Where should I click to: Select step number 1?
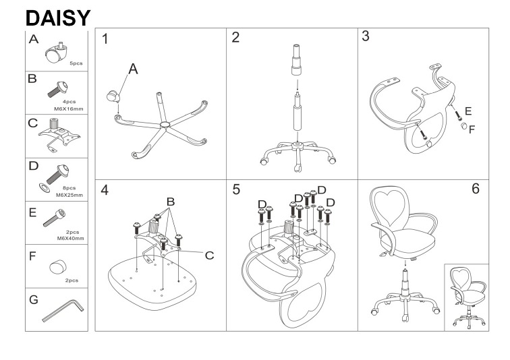click(106, 38)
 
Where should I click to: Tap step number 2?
click(235, 37)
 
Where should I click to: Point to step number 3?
click(365, 36)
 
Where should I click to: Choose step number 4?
click(105, 189)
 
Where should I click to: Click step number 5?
click(236, 189)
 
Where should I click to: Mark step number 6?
click(475, 189)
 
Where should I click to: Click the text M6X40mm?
click(69, 238)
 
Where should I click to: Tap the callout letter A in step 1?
click(133, 69)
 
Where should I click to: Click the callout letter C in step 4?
click(209, 255)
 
